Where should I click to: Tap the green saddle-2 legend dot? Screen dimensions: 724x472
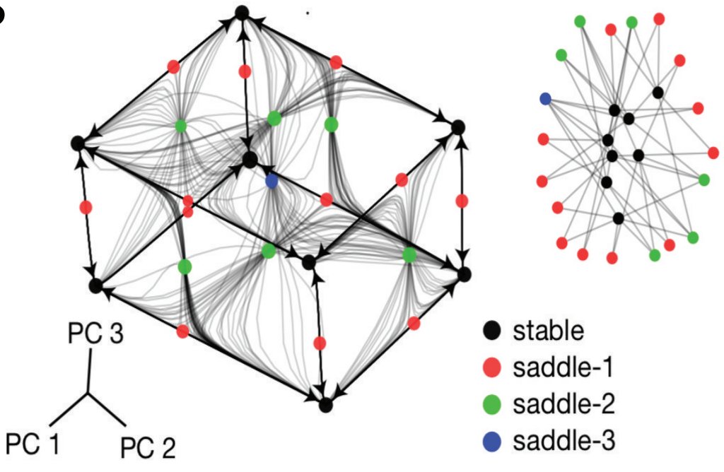pos(494,405)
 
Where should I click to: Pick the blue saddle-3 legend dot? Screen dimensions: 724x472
pos(494,442)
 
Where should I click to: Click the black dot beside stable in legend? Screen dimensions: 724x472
pos(494,330)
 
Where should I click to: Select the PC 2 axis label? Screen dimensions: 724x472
pos(147,447)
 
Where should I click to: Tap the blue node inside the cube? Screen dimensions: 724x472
pos(271,182)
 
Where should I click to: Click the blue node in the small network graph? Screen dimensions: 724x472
pos(545,98)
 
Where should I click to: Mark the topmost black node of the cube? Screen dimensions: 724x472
pos(242,12)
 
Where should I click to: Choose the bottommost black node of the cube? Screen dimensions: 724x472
pos(325,406)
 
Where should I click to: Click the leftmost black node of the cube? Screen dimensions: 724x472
pos(78,143)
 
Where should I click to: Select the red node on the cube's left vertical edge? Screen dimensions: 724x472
pos(86,207)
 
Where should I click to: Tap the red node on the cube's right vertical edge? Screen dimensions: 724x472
pos(462,201)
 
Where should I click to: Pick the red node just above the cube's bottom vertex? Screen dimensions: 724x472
pos(320,343)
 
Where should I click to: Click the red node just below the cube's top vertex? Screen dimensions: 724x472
pos(245,71)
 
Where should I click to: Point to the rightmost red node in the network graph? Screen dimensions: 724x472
pos(713,152)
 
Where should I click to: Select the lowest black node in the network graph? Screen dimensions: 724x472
pos(619,218)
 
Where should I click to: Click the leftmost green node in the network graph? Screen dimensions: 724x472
pos(561,54)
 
